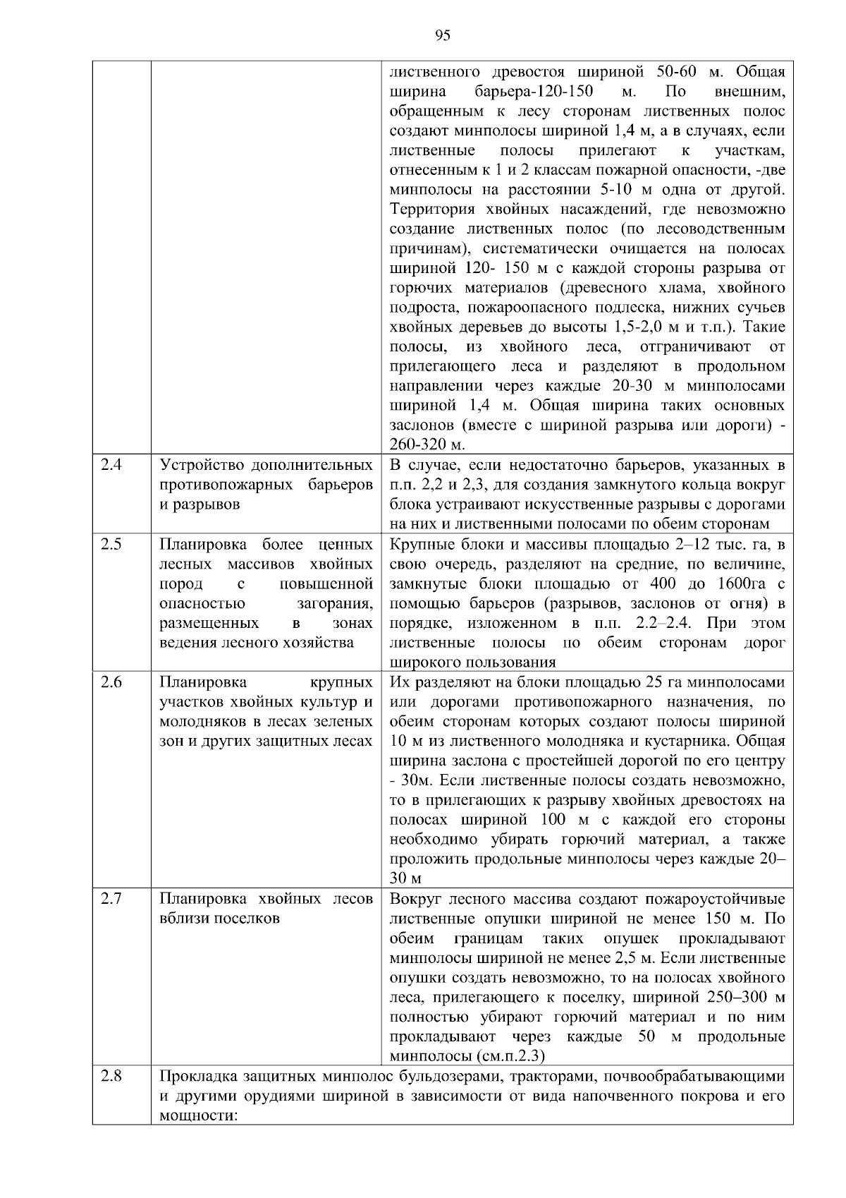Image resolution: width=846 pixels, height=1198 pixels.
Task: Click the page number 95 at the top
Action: pos(443,36)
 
